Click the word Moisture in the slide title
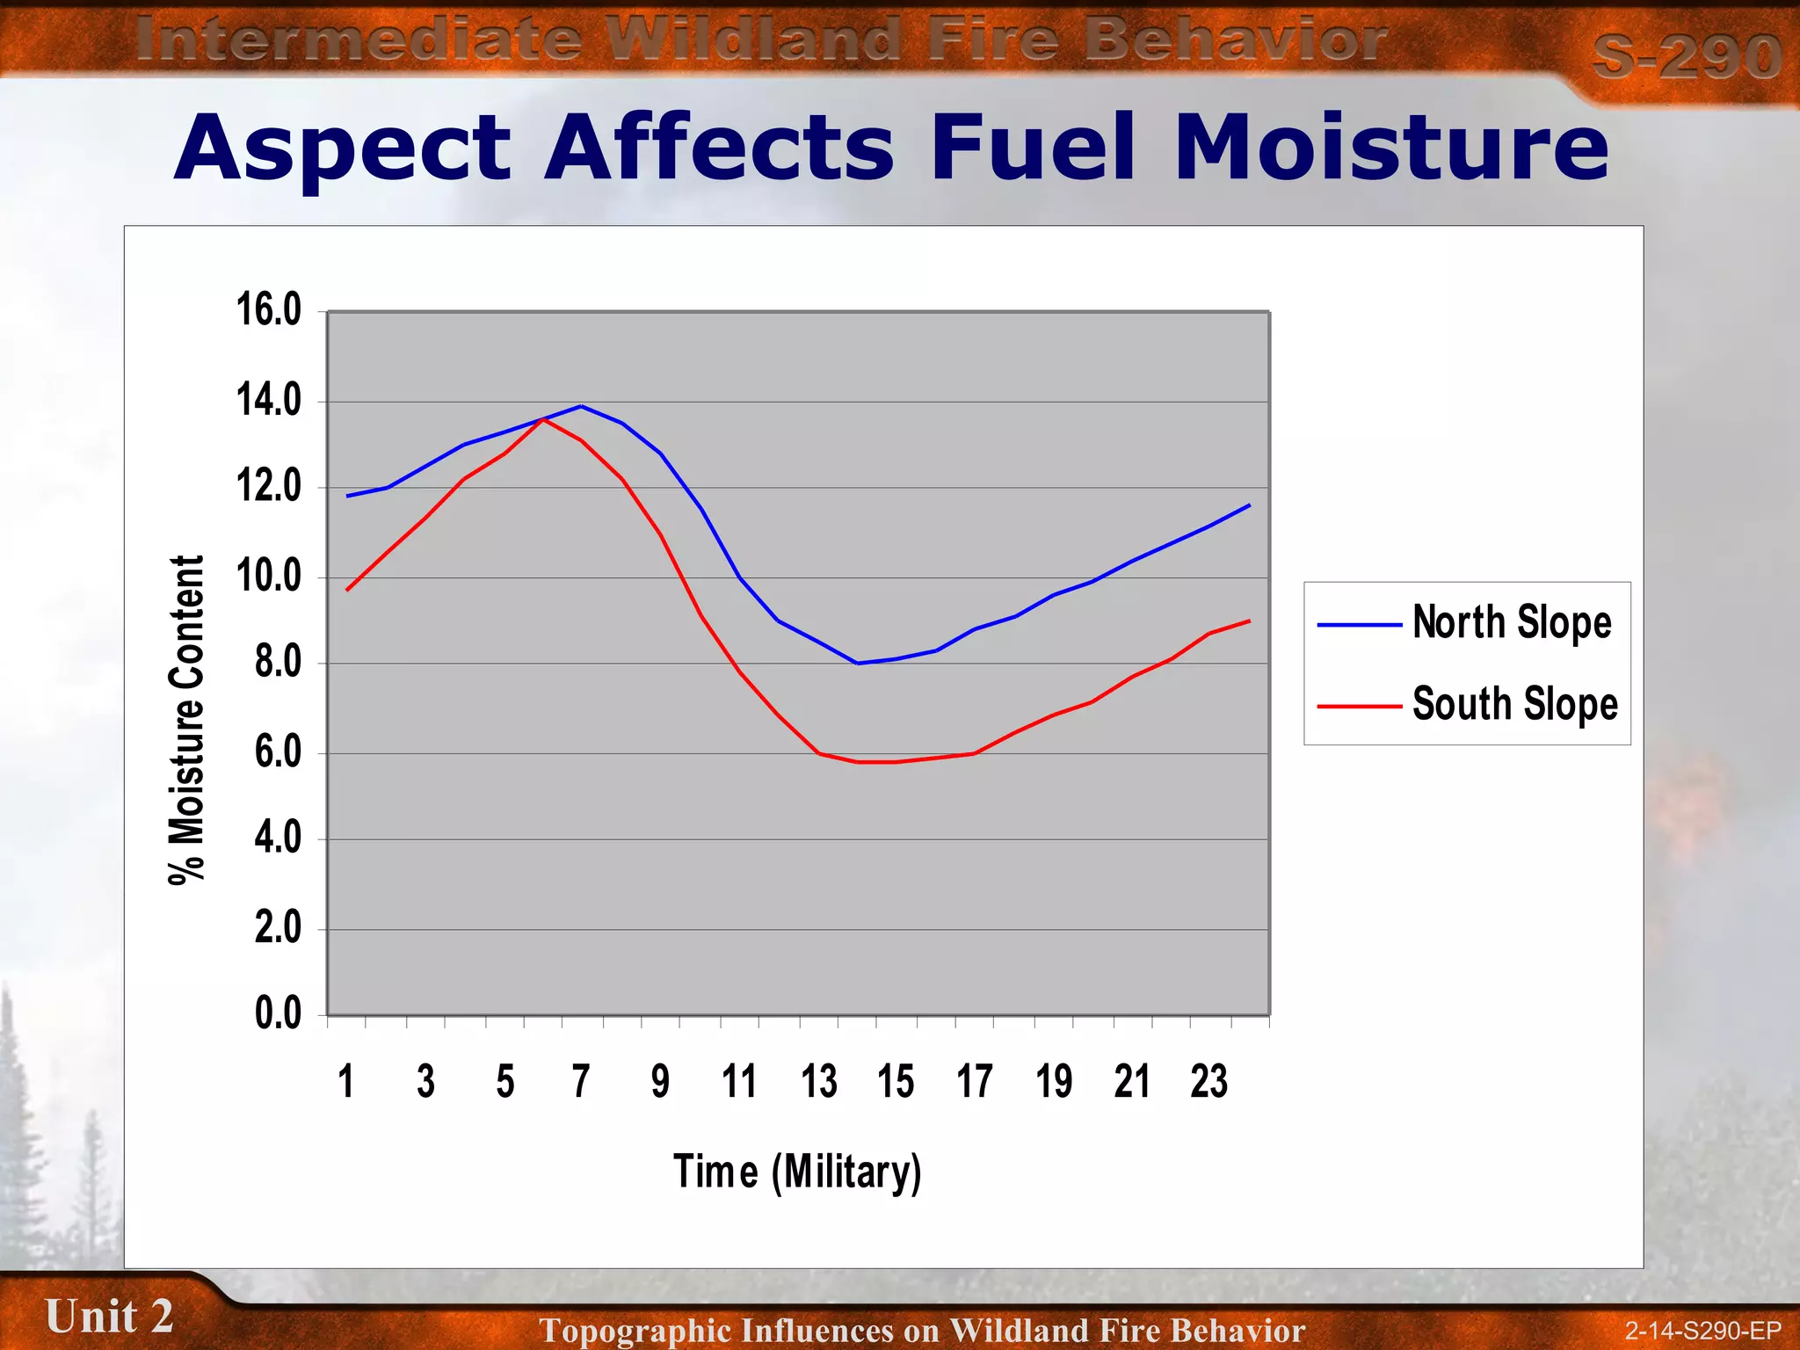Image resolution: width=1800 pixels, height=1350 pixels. click(1390, 148)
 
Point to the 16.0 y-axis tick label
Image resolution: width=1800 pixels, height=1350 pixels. click(268, 310)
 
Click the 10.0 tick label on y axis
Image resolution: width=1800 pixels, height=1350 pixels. click(268, 577)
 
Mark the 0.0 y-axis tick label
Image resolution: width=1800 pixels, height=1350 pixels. click(278, 1014)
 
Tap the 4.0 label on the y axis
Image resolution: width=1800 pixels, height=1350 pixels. click(278, 838)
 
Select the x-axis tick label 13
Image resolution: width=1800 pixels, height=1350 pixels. click(818, 1082)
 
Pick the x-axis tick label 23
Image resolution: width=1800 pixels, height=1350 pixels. click(1208, 1082)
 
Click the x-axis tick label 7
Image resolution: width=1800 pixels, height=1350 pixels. click(581, 1082)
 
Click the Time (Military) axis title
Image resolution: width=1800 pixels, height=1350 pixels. click(797, 1172)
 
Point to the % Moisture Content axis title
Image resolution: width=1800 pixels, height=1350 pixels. click(186, 720)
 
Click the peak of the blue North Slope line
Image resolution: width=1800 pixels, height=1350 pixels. click(581, 406)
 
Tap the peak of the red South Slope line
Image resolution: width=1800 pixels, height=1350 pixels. click(543, 419)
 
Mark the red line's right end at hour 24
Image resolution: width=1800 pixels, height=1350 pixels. click(1249, 621)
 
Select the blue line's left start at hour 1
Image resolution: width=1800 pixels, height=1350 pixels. click(348, 497)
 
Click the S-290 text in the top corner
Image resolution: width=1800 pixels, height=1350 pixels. click(1686, 56)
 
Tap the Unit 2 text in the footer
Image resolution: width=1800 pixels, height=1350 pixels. click(109, 1317)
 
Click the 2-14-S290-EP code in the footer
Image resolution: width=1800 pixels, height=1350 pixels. click(1702, 1331)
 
